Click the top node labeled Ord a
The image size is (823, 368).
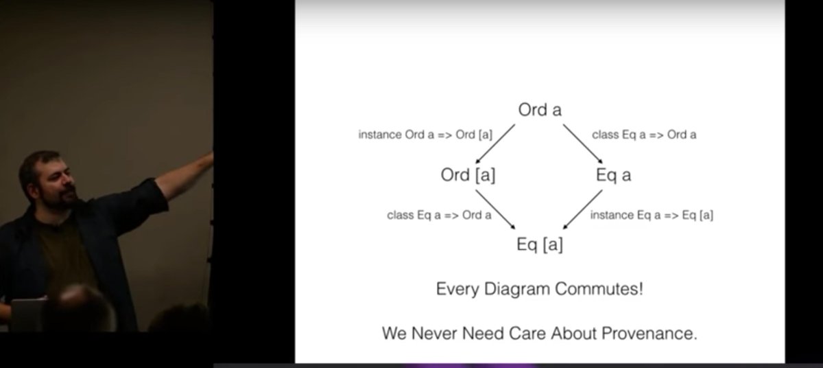click(x=540, y=110)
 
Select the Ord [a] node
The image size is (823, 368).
click(x=468, y=175)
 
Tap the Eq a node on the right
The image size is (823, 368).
click(x=613, y=175)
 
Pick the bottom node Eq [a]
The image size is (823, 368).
click(x=540, y=244)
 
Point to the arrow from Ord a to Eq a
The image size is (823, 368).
click(x=578, y=141)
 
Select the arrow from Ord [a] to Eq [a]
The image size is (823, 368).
click(x=495, y=209)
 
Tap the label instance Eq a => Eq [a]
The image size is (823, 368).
click(x=652, y=215)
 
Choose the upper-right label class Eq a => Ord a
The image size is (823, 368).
click(x=644, y=135)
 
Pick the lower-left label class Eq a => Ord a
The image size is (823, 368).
click(x=439, y=215)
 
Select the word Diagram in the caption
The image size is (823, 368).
click(x=514, y=289)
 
